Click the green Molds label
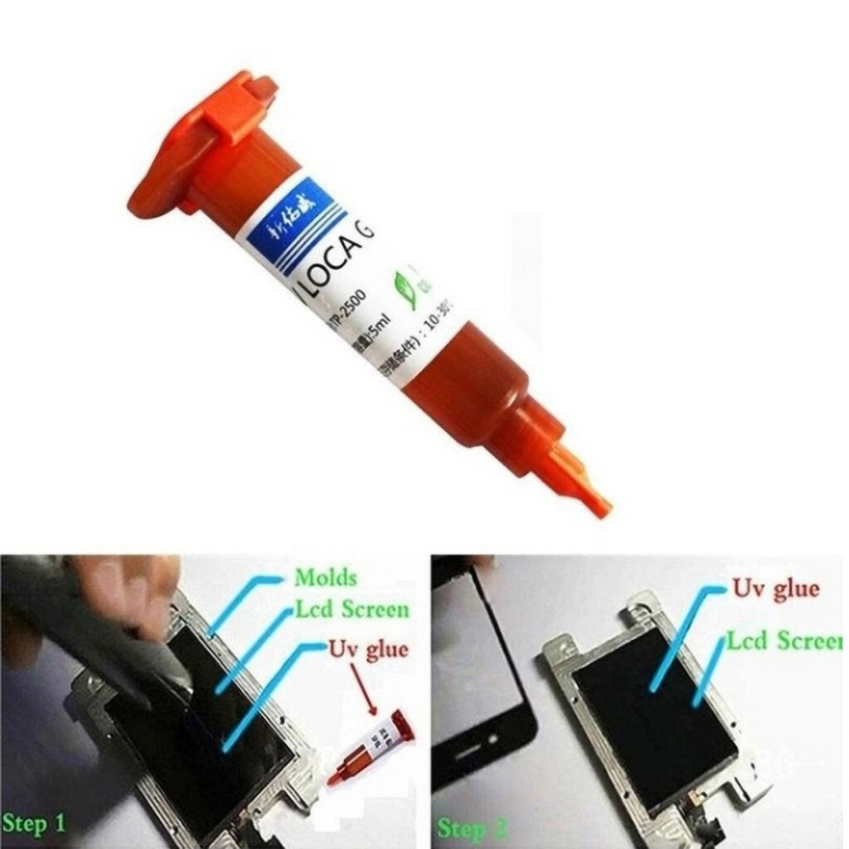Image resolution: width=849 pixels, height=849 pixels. [325, 577]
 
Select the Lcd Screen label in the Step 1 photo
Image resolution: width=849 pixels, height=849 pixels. [352, 611]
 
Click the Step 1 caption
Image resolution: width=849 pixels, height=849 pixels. [34, 822]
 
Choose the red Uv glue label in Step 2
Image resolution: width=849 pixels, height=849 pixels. [774, 590]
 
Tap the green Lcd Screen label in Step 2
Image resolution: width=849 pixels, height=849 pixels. [784, 641]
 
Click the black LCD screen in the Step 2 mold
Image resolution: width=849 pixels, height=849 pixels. [655, 713]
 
